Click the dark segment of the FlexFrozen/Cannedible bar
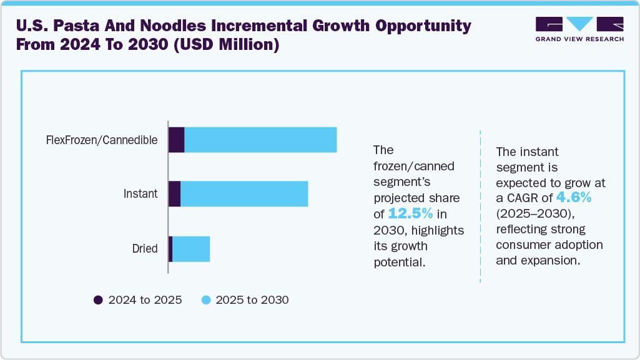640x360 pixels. tap(176, 140)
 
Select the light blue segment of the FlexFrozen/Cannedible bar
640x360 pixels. tap(260, 140)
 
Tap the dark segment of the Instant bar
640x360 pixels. tap(174, 194)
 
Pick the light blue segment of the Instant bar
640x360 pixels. tap(244, 194)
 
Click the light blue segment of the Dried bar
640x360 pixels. tap(191, 249)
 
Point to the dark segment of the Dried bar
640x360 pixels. tap(170, 249)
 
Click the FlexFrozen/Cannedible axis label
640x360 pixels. tap(102, 140)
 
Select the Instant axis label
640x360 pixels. tap(140, 194)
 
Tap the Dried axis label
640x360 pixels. tap(144, 249)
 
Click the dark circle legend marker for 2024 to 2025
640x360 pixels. tap(98, 300)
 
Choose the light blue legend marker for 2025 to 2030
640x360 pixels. tap(205, 300)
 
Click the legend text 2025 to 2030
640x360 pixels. tap(252, 300)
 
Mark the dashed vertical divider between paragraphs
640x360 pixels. tap(480, 206)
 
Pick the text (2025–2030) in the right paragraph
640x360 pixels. tap(533, 214)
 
